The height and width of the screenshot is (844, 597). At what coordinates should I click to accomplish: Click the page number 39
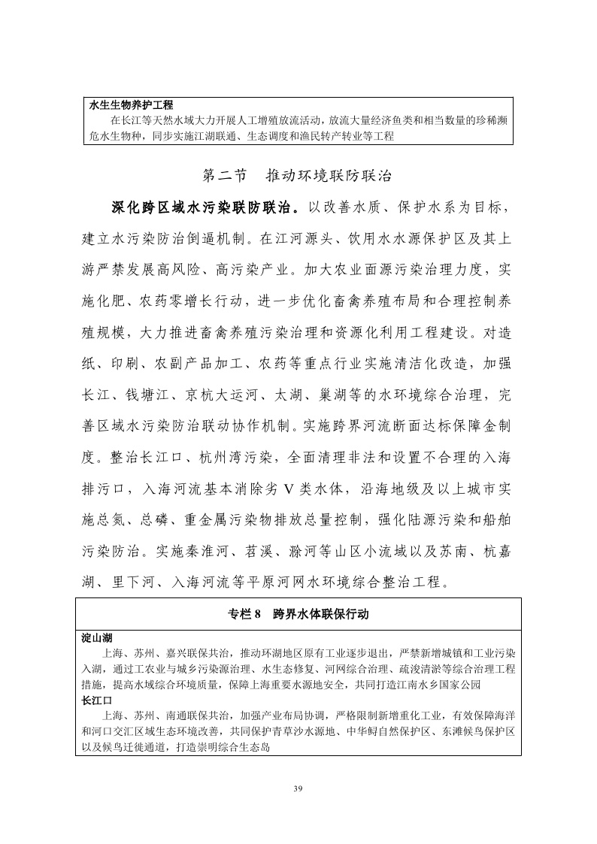tap(298, 787)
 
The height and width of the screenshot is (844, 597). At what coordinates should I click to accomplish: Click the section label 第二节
tap(225, 175)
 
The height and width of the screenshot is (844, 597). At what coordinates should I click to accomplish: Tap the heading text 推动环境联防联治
tap(329, 175)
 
